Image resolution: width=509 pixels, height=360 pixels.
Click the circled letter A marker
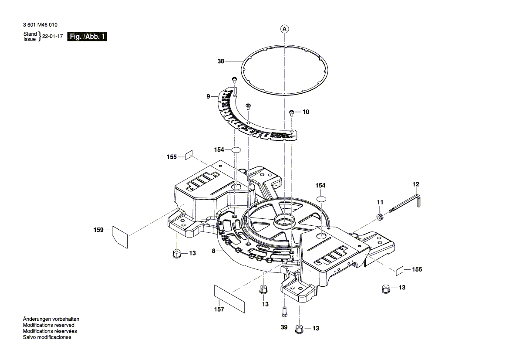click(284, 29)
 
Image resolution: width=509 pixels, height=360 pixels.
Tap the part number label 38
click(221, 61)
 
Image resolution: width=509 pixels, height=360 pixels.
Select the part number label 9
click(209, 96)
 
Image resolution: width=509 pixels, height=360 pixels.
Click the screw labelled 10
click(292, 112)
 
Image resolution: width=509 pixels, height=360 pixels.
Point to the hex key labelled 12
click(407, 204)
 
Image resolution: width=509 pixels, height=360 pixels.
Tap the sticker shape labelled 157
click(229, 299)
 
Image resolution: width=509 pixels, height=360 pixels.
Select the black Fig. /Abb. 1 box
click(87, 37)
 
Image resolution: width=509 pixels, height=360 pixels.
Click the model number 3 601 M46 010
click(40, 25)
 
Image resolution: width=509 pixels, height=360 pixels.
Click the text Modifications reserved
click(48, 325)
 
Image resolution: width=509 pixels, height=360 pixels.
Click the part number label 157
click(219, 309)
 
